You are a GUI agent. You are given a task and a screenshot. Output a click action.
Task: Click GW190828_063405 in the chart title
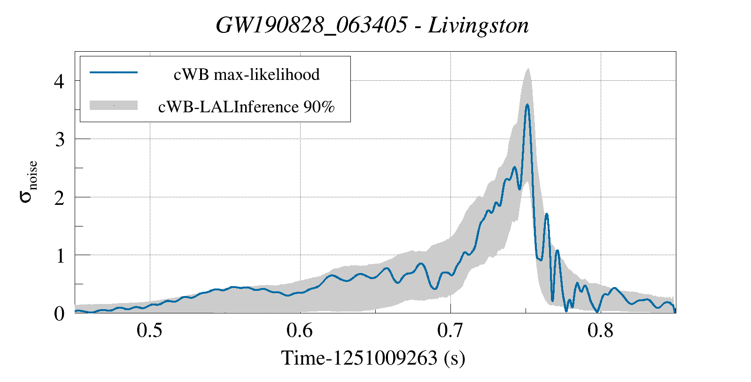pos(311,25)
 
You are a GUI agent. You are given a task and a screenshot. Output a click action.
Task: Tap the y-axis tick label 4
pos(59,82)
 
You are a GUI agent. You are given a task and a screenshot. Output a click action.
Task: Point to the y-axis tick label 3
pos(59,140)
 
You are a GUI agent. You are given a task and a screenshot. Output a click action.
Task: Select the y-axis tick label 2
pos(59,198)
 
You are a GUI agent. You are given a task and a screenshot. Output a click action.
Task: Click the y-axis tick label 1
pos(59,256)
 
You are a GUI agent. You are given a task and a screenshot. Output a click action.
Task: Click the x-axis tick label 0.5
pos(150,331)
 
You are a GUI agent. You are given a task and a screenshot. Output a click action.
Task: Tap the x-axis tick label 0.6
pos(300,331)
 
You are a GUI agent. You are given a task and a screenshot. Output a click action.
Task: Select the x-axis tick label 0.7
pos(450,331)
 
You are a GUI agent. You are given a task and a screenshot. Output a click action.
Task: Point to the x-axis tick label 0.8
pos(601,331)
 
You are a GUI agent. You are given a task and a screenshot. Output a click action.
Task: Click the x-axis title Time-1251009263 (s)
pos(373,358)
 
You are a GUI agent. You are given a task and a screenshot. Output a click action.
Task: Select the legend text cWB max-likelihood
pos(247,74)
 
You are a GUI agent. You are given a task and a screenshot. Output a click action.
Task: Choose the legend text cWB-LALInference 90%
pos(247,107)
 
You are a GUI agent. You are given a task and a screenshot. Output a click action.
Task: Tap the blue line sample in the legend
pos(113,72)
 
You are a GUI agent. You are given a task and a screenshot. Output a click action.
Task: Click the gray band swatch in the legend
pos(113,106)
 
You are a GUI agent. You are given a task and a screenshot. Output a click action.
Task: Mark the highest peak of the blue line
pos(527,105)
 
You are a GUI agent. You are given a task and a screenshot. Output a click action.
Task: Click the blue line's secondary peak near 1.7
pos(547,214)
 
